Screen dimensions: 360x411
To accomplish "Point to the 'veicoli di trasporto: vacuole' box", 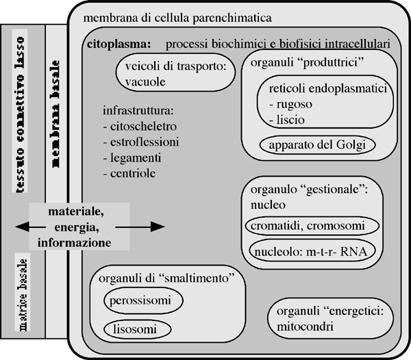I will tap(176, 75).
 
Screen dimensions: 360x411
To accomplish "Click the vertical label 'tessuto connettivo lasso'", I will tap(20, 110).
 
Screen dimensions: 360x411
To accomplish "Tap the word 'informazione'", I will tap(75, 243).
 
